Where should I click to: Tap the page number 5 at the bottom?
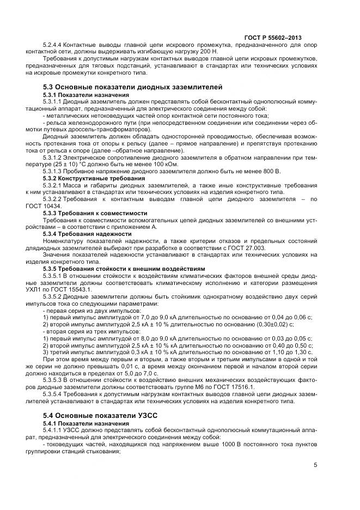(x=316, y=465)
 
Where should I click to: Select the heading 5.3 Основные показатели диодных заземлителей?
(x=132, y=87)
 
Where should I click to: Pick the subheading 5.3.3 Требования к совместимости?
(x=88, y=212)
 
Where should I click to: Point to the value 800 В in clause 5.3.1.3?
(x=270, y=171)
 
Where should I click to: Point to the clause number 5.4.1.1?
(x=52, y=429)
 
